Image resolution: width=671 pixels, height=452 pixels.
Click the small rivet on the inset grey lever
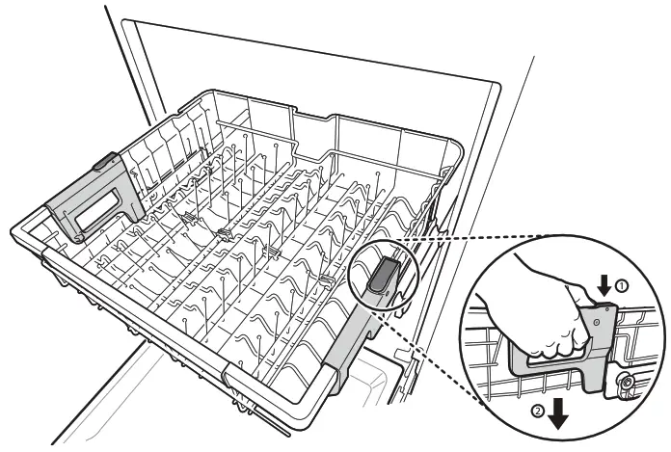tap(597, 316)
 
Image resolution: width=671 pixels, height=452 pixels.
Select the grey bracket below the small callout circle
tap(347, 347)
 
